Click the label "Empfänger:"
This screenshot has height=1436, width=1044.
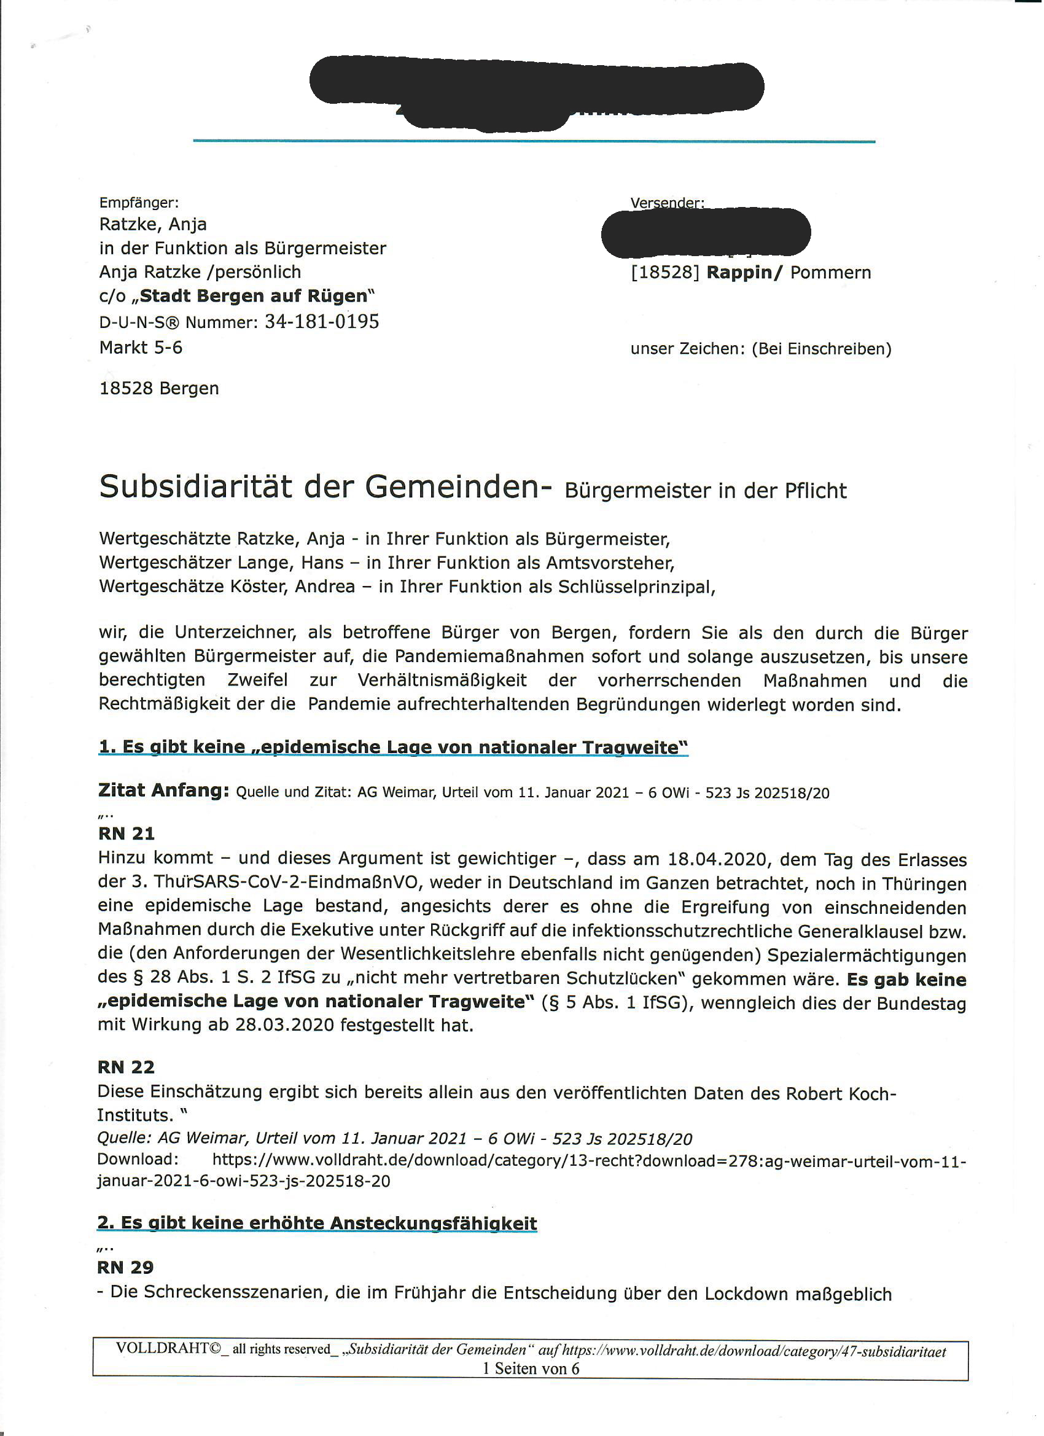139,203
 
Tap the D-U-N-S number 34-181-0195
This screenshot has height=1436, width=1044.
322,322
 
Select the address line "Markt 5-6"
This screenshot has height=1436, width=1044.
141,348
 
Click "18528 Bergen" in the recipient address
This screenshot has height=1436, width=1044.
159,388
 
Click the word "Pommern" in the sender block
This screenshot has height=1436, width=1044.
831,272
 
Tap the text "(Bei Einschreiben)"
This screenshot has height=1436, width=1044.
821,349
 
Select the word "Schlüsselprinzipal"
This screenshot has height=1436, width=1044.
636,587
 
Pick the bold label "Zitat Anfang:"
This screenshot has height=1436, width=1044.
163,790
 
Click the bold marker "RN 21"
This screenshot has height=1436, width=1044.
126,833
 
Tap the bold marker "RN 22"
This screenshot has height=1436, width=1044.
125,1067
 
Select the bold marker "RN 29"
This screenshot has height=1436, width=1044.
125,1267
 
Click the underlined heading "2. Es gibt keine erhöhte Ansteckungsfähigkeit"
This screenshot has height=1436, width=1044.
316,1223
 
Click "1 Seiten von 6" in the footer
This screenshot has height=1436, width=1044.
531,1368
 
